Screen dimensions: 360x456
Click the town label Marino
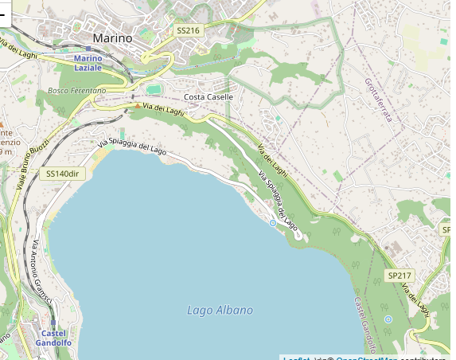[x=112, y=37]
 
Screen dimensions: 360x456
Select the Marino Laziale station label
[x=88, y=63]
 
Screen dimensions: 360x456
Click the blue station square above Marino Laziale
[x=88, y=49]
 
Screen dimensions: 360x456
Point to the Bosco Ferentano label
[x=76, y=91]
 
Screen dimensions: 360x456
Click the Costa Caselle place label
[x=209, y=97]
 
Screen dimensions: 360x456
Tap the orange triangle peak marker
[x=137, y=106]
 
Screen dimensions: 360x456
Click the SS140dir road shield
[x=64, y=174]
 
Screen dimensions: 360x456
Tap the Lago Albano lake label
[x=220, y=310]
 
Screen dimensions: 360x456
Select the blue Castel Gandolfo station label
[x=53, y=338]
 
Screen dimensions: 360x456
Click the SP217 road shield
[x=399, y=276]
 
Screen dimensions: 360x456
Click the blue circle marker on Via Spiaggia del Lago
[x=273, y=223]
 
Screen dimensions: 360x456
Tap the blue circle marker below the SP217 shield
[x=388, y=319]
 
